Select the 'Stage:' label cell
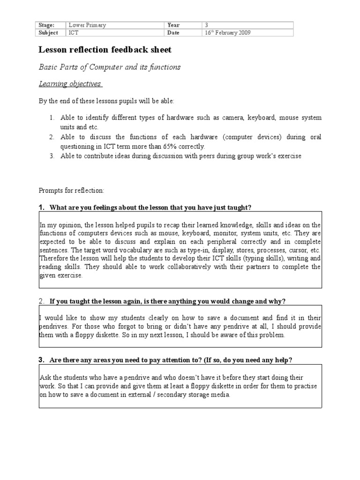[46, 25]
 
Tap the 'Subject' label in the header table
[48, 33]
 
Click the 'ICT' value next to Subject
[74, 33]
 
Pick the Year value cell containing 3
[207, 25]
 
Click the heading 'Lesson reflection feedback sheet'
[105, 50]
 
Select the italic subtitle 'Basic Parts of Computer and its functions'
[109, 67]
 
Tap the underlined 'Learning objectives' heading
[69, 84]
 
